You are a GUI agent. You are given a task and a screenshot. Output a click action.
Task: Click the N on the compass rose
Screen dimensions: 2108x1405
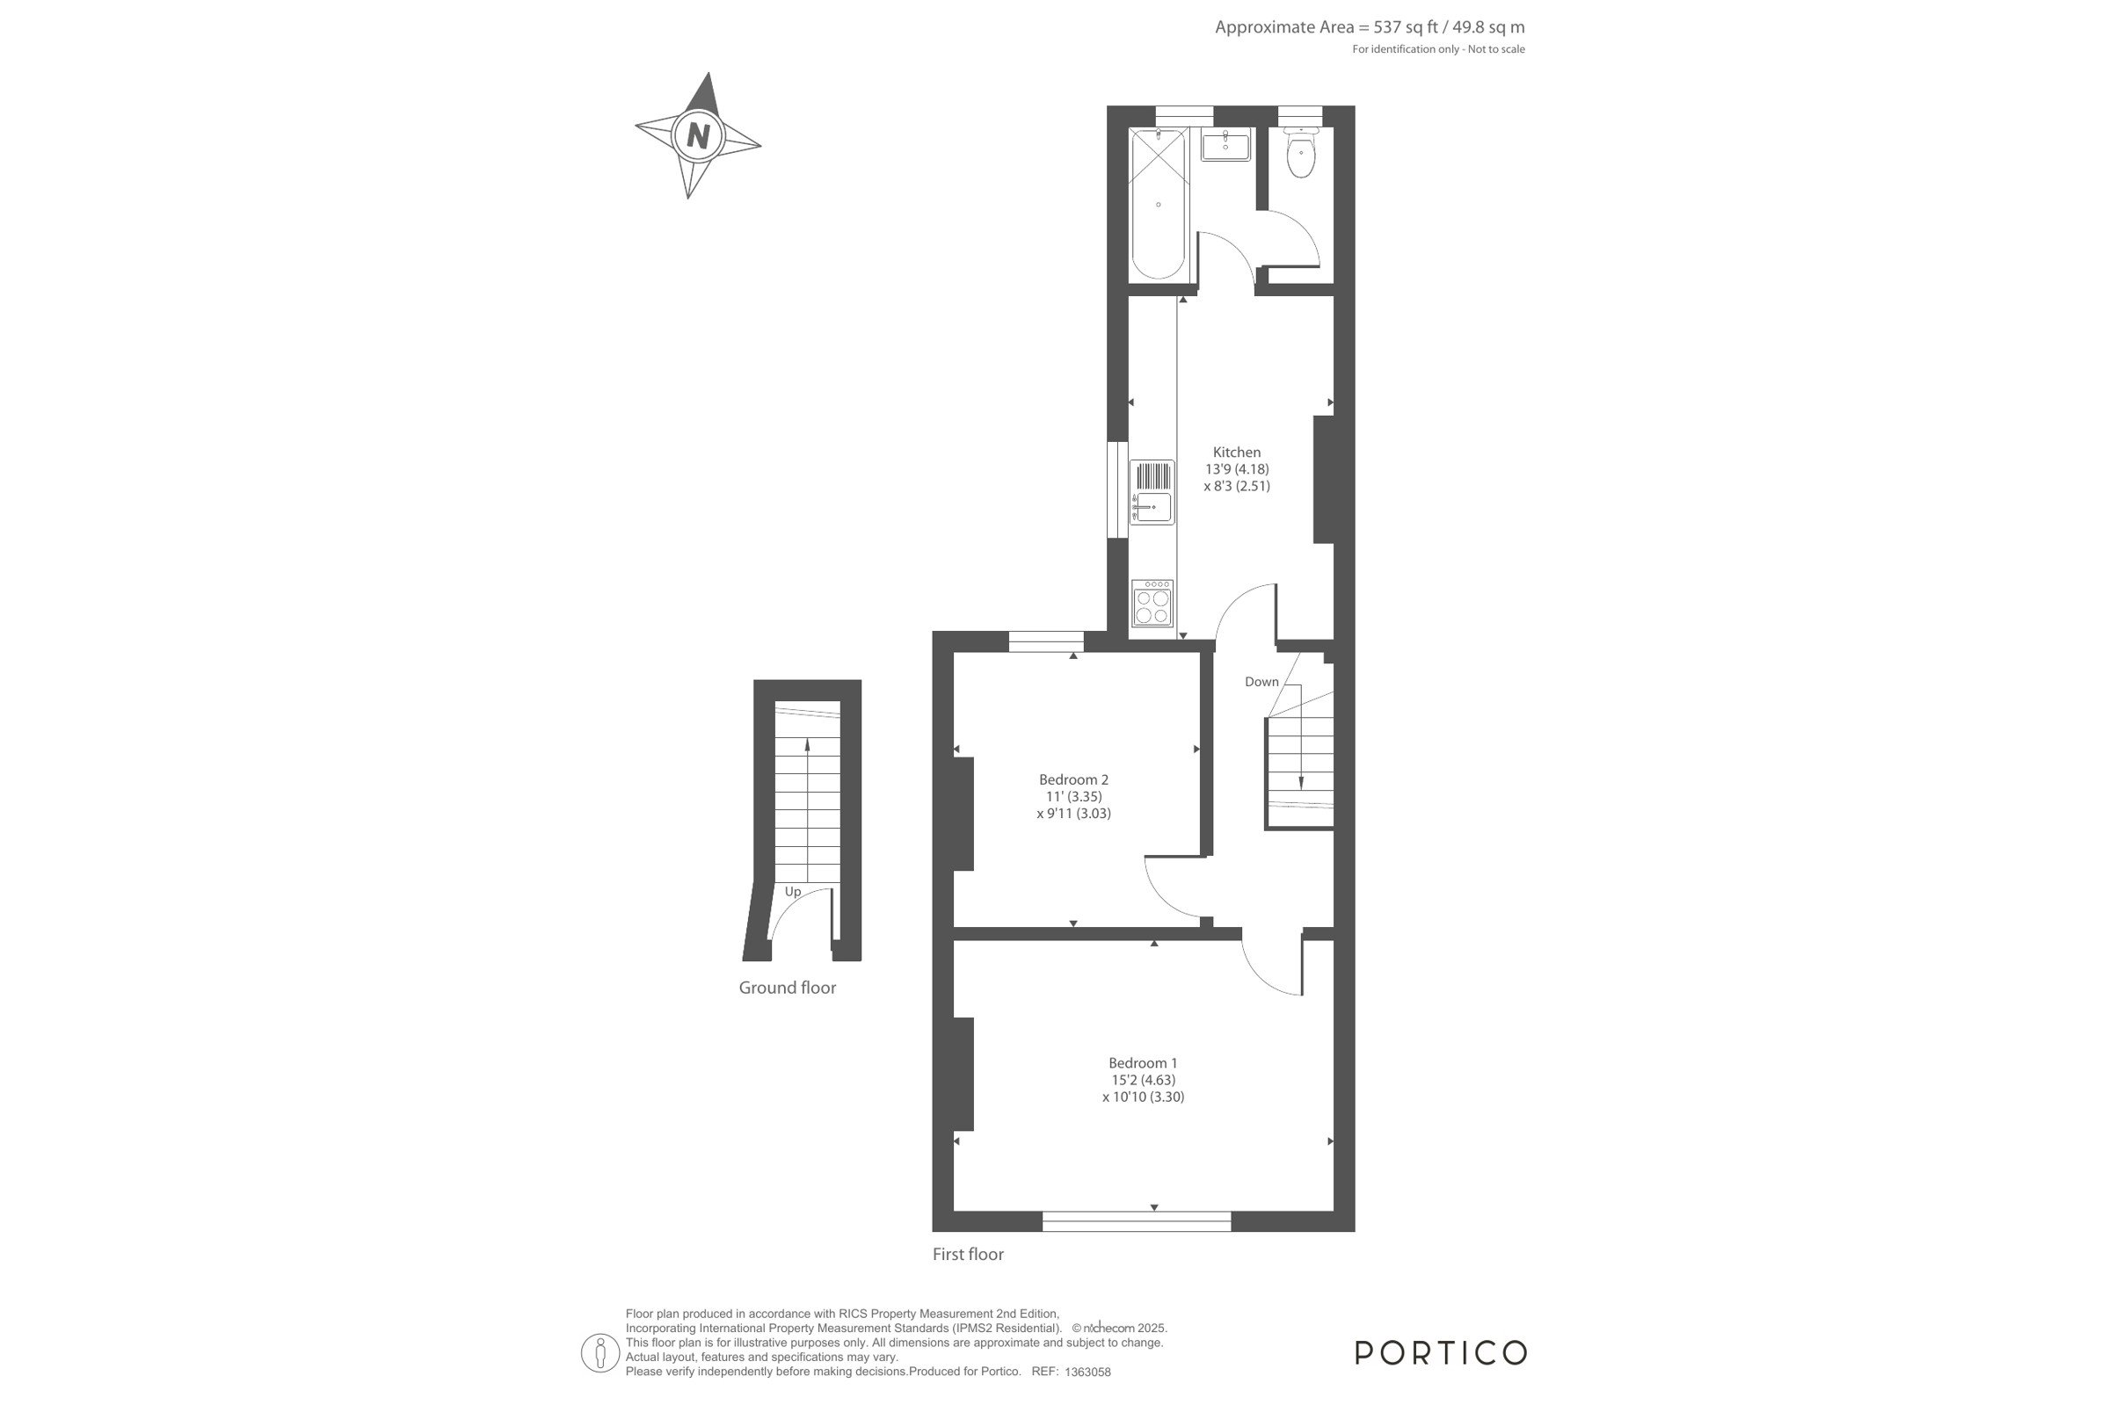coord(698,135)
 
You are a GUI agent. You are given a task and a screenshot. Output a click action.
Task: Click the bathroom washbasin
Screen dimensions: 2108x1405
coord(1225,144)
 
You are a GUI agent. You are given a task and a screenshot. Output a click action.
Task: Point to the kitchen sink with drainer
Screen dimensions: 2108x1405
coord(1152,492)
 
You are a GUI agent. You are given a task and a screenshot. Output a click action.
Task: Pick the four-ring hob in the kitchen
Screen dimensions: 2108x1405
coord(1152,603)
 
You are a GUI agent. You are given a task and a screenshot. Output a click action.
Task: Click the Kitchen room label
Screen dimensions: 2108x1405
coord(1237,453)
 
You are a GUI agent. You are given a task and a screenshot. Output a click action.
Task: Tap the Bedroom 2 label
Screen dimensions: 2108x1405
coord(1073,779)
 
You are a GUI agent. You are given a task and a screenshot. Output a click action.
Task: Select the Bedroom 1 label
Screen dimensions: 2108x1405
coord(1143,1063)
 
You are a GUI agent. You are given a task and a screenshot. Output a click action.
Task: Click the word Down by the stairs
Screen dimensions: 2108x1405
coord(1262,682)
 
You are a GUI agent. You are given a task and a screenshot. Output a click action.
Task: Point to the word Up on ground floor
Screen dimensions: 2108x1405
coord(793,892)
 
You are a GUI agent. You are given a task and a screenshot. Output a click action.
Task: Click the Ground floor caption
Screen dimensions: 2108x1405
coord(787,988)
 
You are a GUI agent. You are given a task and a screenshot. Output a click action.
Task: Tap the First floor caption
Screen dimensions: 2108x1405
coord(968,1254)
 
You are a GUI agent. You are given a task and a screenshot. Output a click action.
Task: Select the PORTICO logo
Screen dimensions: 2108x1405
coord(1441,1353)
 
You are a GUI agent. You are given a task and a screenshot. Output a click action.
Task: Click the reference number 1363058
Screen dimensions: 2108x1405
coord(1087,1372)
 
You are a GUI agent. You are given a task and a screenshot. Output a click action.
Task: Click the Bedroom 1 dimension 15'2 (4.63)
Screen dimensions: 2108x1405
coord(1143,1080)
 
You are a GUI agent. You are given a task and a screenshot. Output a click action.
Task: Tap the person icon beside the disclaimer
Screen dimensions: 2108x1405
coord(600,1353)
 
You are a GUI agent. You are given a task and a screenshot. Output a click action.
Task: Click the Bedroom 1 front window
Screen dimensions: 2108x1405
coord(1137,1221)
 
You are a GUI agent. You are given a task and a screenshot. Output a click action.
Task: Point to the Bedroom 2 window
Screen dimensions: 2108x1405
coord(1046,641)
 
